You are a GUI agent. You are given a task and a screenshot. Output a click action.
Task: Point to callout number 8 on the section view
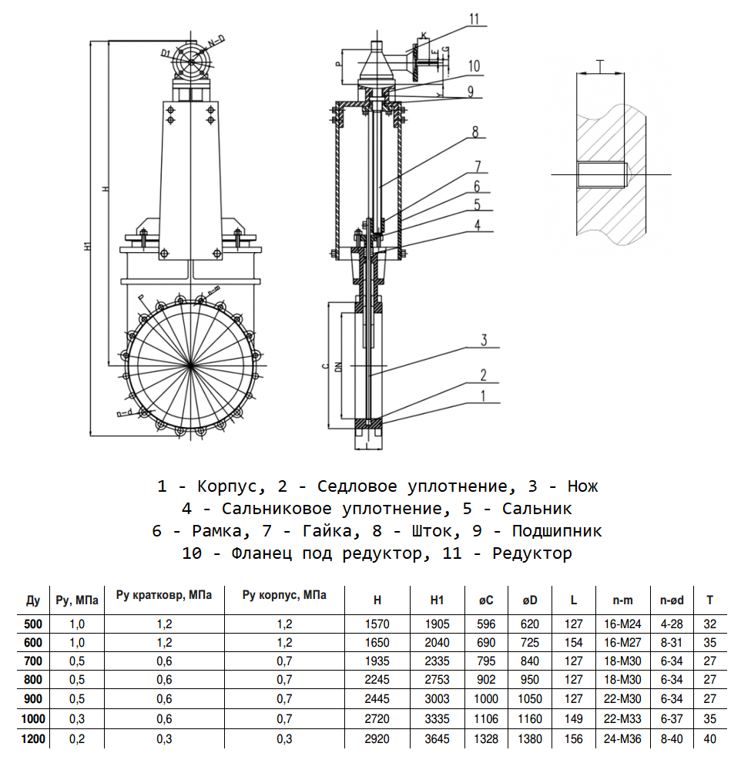click(x=475, y=132)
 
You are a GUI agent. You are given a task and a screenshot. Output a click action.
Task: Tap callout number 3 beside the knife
click(x=484, y=340)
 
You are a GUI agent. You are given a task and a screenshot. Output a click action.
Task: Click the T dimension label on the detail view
click(x=601, y=65)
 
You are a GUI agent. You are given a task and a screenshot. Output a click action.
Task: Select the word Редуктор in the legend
click(x=532, y=553)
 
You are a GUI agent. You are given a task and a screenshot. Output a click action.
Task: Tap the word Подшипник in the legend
click(x=557, y=531)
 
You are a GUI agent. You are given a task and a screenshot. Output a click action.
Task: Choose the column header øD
click(x=530, y=600)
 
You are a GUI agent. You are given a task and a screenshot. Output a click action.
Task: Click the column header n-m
click(x=622, y=600)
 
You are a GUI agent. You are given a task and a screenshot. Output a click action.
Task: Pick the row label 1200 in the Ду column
click(x=33, y=738)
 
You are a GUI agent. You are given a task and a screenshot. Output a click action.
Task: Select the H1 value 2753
click(x=438, y=680)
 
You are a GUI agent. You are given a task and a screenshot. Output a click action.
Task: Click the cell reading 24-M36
click(x=622, y=738)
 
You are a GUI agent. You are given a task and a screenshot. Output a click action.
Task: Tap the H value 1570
click(x=377, y=623)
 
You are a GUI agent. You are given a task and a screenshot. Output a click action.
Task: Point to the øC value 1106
click(x=485, y=719)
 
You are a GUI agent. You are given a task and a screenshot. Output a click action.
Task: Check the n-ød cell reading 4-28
click(x=672, y=623)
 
